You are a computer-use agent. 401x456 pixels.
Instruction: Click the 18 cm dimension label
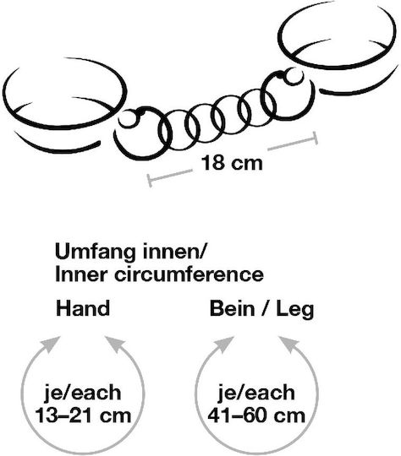coord(232,163)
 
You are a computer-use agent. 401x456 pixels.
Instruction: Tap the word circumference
coord(189,274)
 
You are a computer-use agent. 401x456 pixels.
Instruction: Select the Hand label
coord(83,308)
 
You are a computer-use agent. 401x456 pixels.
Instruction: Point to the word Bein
coord(232,308)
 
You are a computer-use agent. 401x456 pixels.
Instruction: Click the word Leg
coord(295,310)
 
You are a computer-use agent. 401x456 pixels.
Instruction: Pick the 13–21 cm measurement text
coord(83,415)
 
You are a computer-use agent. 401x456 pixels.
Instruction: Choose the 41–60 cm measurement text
coord(256,415)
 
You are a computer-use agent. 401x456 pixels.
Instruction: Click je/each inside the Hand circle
coord(83,394)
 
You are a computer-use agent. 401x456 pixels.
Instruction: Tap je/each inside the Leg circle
coord(256,394)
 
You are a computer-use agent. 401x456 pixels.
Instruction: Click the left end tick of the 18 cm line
coord(149,181)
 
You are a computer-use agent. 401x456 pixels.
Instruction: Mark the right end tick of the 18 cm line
coord(315,138)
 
